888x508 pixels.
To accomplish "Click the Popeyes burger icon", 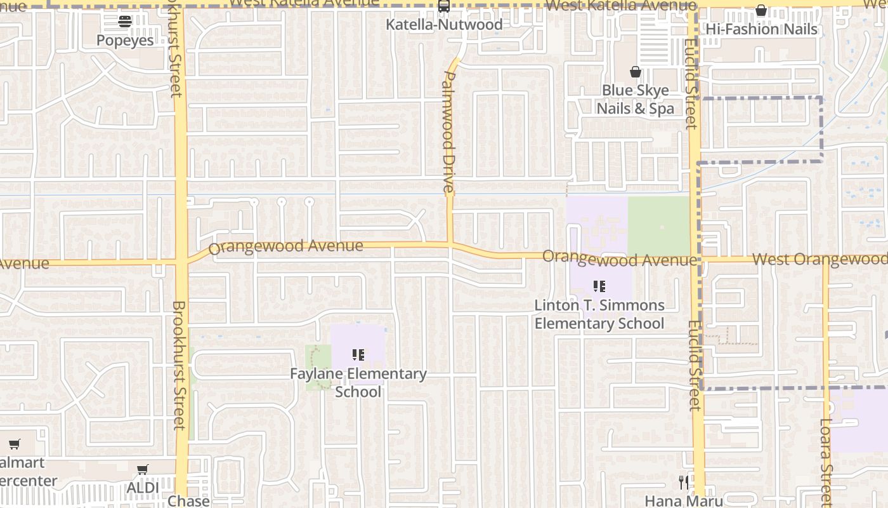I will coord(125,22).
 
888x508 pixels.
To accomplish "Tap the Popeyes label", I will coord(125,40).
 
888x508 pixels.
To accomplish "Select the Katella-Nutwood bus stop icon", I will coord(444,6).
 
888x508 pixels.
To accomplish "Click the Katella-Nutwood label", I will coord(444,25).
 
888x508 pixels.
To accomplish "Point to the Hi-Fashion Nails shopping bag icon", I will coord(761,10).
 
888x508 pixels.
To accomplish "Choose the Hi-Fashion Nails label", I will coord(761,29).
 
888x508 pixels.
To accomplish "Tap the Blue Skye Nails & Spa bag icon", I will coord(635,72).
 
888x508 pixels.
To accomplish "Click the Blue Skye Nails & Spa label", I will coord(635,99).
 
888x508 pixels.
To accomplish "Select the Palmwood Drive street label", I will coord(448,131).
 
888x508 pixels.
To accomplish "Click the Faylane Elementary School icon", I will coord(358,354).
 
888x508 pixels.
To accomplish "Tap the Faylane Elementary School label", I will coord(358,382).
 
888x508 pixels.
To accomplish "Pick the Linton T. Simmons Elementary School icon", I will coord(599,286).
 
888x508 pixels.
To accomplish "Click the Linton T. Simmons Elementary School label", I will coord(599,314).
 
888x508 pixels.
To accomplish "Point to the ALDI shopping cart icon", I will coord(143,469).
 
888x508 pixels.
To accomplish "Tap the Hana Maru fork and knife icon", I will coord(683,483).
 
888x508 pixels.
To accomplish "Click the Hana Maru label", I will coord(684,500).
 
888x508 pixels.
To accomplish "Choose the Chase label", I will coord(188,500).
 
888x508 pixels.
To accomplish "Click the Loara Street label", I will coord(825,457).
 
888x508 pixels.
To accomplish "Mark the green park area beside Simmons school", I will coord(658,226).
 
